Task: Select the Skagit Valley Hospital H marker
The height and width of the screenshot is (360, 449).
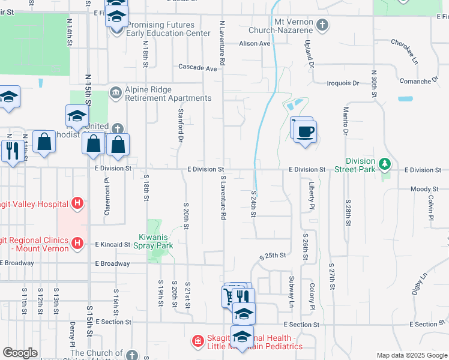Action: [x=77, y=204]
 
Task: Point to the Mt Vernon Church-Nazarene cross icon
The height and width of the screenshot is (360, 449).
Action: [x=323, y=25]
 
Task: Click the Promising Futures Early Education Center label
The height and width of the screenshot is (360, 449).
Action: [x=160, y=29]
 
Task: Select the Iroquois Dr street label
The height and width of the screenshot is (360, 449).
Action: [x=342, y=83]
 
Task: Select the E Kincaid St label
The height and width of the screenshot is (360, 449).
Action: [x=112, y=245]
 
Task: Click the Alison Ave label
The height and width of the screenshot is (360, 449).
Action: [x=255, y=44]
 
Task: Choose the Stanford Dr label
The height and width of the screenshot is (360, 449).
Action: [x=180, y=125]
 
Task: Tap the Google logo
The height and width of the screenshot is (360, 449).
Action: [x=20, y=353]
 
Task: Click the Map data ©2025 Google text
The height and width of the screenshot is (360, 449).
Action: [x=411, y=356]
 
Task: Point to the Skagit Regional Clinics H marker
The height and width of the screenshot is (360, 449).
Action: [x=77, y=243]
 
